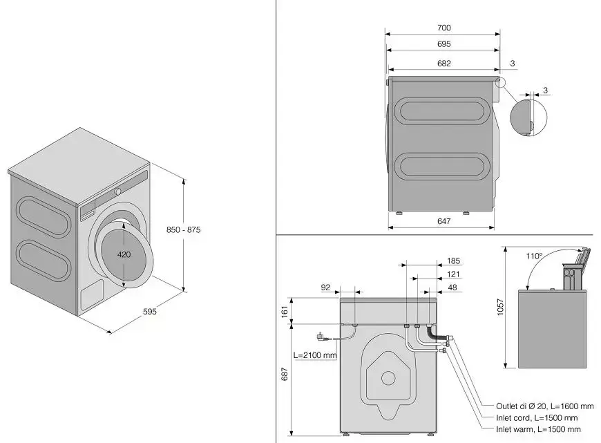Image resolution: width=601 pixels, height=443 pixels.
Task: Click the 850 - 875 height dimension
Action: pos(184,230)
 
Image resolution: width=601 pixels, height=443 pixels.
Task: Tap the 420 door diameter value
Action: pos(124,254)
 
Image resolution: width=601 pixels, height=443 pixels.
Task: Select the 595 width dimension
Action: pos(150,312)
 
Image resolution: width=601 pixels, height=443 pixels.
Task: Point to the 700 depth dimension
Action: pos(444,28)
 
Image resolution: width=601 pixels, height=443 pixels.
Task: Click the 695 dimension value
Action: pos(444,44)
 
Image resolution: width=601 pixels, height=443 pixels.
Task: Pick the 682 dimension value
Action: pos(444,63)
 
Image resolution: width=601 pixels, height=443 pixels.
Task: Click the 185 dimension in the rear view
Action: pos(453,261)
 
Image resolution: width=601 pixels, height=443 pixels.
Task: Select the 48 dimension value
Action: pos(453,287)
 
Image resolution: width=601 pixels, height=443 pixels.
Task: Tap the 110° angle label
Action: pos(533,256)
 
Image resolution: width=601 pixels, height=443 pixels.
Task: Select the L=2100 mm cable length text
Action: pos(314,355)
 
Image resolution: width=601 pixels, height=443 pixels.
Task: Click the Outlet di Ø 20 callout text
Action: pos(544,406)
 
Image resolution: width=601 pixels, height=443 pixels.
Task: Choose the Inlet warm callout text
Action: pos(538,429)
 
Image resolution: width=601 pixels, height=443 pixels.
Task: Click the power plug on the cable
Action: pos(321,338)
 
